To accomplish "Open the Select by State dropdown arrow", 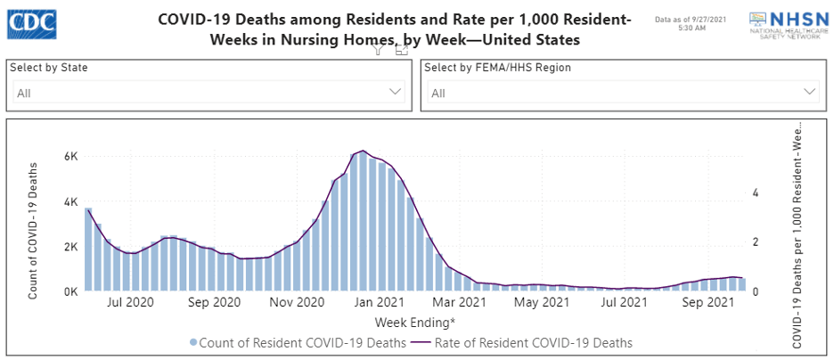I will [396, 92].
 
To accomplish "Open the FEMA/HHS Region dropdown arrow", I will [810, 92].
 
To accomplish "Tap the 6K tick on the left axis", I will [71, 157].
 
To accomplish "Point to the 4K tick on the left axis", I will [71, 202].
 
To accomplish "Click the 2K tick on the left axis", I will [71, 247].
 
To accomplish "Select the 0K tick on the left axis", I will [71, 291].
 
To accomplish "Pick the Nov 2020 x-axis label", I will [297, 303].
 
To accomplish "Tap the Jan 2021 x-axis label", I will [378, 303].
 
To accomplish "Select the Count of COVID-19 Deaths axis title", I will [33, 230].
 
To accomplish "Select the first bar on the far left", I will [88, 250].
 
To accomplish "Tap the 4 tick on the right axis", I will [756, 192].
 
